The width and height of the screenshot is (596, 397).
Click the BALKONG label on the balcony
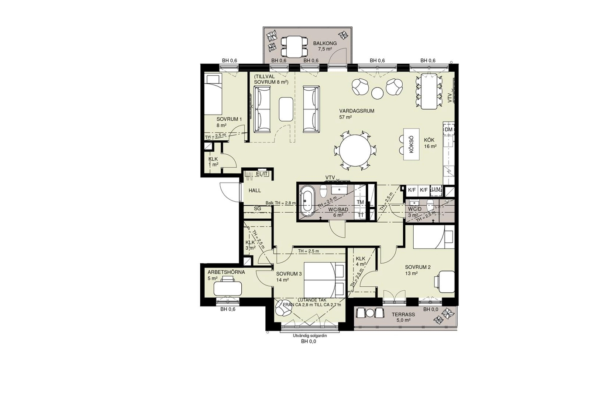click(325, 43)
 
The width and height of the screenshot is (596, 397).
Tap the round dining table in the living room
click(355, 151)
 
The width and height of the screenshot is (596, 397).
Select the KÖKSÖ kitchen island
click(411, 144)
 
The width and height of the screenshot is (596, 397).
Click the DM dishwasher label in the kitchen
click(449, 130)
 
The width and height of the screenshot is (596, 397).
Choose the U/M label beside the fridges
click(436, 190)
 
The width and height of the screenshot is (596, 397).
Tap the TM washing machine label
click(360, 202)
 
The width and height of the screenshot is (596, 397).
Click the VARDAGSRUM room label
click(356, 111)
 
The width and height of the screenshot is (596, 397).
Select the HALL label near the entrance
click(255, 190)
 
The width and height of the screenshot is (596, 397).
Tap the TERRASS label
click(403, 315)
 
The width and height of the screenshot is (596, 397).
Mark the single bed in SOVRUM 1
click(213, 95)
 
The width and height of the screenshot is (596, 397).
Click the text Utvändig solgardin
click(310, 336)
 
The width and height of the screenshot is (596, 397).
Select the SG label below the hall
click(257, 209)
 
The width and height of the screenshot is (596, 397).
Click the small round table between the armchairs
click(377, 93)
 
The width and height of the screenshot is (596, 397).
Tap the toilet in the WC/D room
click(430, 205)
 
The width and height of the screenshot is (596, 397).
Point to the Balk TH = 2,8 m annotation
click(281, 203)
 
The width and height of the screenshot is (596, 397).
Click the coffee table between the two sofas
click(286, 109)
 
